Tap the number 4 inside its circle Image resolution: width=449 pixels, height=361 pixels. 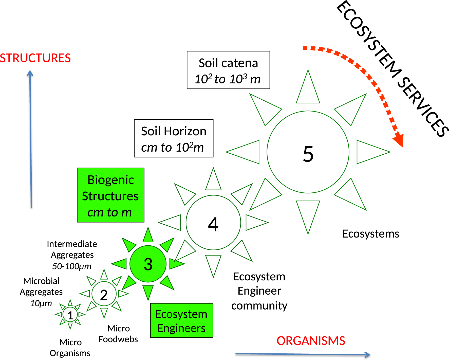tap(213, 224)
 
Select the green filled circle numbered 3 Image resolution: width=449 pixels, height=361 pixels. tap(148, 264)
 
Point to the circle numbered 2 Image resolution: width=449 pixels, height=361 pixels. tap(104, 294)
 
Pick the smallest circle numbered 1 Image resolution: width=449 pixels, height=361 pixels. tap(70, 315)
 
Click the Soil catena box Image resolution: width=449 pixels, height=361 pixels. tap(228, 70)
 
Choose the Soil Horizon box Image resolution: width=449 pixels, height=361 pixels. tap(174, 138)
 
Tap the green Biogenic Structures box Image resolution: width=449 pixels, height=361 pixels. tap(110, 195)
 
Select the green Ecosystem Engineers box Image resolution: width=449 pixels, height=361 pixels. tap(181, 320)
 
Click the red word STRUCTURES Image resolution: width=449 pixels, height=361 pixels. tap(35, 58)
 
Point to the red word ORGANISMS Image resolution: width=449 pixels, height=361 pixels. tap(311, 341)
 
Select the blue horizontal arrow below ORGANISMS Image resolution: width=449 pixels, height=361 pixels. tap(303, 354)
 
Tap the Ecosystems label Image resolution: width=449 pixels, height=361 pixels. tap(370, 234)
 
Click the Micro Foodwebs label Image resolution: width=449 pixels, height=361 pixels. tap(118, 334)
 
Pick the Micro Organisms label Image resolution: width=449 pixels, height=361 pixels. tap(70, 348)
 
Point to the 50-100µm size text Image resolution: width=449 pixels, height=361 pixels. tap(72, 266)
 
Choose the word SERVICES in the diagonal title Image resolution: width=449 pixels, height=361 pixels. tap(422, 106)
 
